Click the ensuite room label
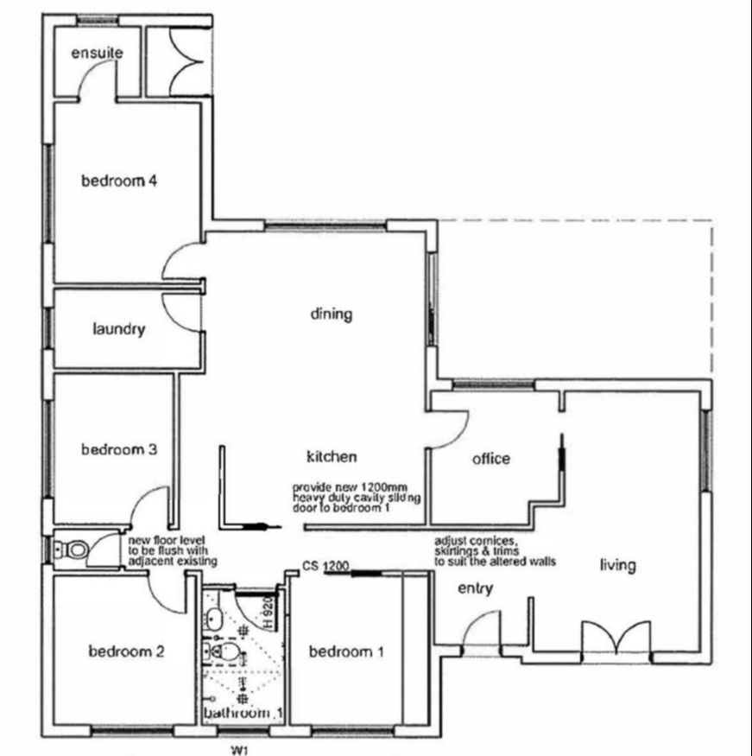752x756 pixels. tap(97, 54)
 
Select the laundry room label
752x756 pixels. tap(118, 329)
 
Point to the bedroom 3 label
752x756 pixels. tap(118, 450)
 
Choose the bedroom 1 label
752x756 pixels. tap(345, 652)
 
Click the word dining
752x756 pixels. tap(332, 314)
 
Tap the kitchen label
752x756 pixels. tap(332, 456)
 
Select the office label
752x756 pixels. tap(490, 459)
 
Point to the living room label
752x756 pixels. tap(618, 566)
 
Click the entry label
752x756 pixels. tap(475, 589)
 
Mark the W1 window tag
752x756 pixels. tap(241, 750)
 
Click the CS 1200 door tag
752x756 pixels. tap(325, 567)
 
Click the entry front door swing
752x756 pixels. tap(482, 629)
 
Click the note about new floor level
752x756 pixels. tap(172, 550)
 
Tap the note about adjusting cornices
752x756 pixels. tap(495, 551)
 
